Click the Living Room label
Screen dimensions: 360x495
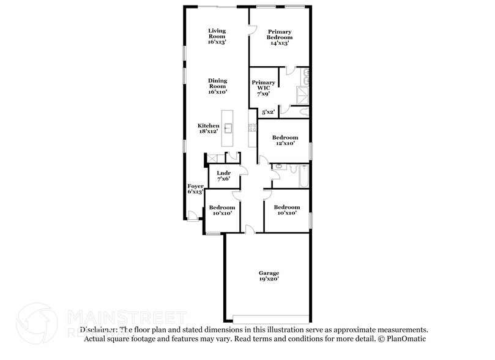pyautogui.click(x=217, y=36)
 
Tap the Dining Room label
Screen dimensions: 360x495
pyautogui.click(x=217, y=86)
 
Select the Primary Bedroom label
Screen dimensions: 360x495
pyautogui.click(x=278, y=37)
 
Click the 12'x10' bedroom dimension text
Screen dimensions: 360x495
pyautogui.click(x=285, y=143)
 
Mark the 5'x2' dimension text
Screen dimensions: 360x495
pyautogui.click(x=267, y=112)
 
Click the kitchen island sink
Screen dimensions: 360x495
pyautogui.click(x=228, y=128)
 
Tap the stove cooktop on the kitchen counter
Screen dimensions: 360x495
pyautogui.click(x=251, y=127)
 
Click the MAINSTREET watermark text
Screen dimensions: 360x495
pyautogui.click(x=125, y=317)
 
